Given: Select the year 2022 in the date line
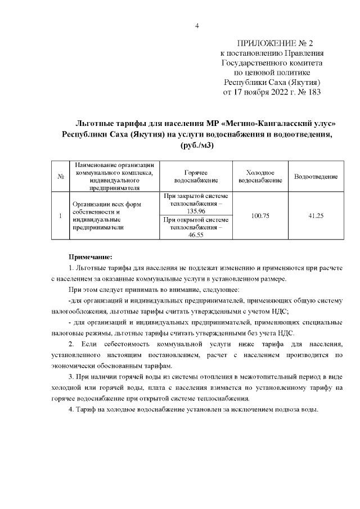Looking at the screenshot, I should pyautogui.click(x=264, y=92).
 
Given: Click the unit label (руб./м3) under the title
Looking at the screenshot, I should pyautogui.click(x=197, y=145).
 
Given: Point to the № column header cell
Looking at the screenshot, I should pyautogui.click(x=60, y=177).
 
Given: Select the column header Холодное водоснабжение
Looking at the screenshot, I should pyautogui.click(x=260, y=177).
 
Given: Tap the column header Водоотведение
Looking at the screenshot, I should pyautogui.click(x=316, y=177).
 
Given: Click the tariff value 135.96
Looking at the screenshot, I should pyautogui.click(x=196, y=210).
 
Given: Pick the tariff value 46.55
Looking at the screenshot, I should pyautogui.click(x=196, y=236).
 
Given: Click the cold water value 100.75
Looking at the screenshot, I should pyautogui.click(x=260, y=216).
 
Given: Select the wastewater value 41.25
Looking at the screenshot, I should pyautogui.click(x=316, y=216).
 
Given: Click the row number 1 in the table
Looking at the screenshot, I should pyautogui.click(x=60, y=216).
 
